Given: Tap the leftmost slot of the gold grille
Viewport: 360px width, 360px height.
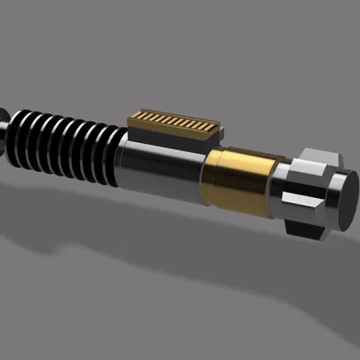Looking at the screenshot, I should click(x=137, y=117).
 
